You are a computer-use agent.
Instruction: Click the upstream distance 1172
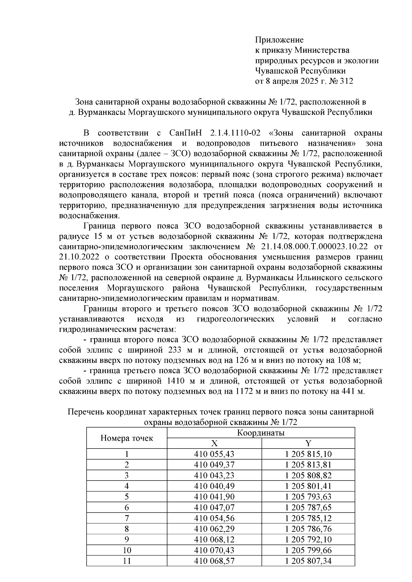point(244,391)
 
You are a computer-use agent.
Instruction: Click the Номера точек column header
point(126,438)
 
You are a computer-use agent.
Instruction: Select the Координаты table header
point(261,433)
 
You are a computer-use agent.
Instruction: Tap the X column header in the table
point(214,443)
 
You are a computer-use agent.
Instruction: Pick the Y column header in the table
point(308,443)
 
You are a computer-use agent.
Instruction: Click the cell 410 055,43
point(214,454)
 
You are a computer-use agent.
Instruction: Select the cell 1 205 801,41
point(308,486)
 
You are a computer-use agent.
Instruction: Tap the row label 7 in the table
point(126,518)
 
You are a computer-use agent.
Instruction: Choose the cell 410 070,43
point(214,550)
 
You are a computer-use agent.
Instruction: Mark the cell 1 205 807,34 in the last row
point(308,560)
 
